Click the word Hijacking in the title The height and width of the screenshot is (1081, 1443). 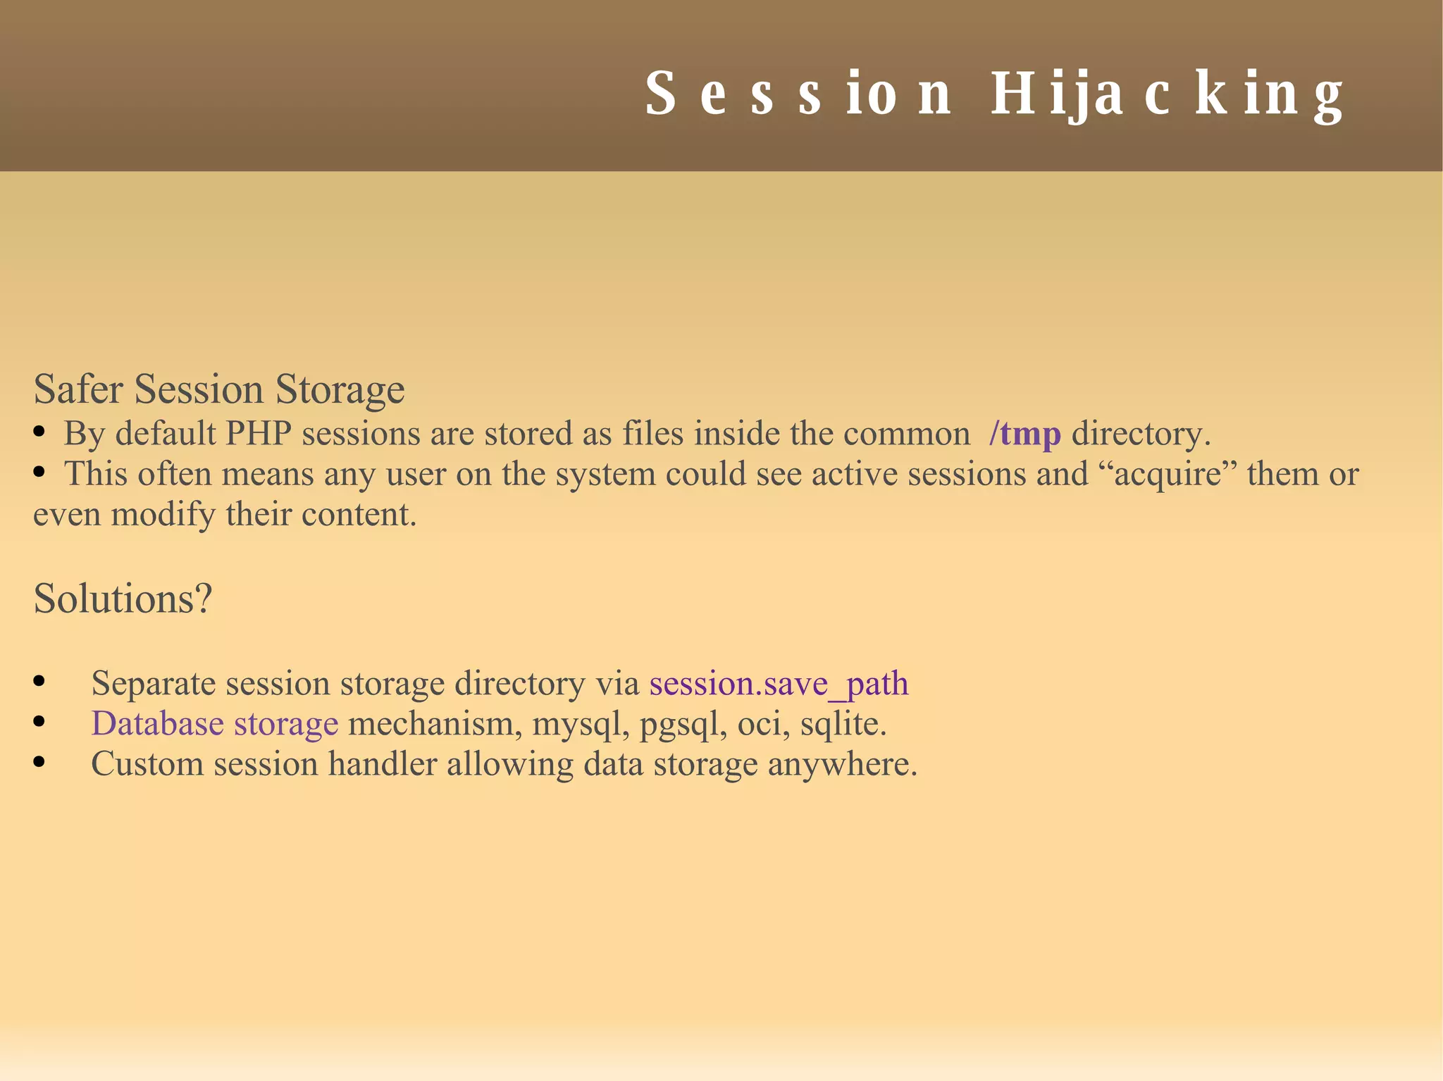point(1168,94)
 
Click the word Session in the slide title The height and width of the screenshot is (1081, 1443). point(798,94)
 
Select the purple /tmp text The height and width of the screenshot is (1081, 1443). point(1024,433)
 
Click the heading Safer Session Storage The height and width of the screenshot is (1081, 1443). point(219,389)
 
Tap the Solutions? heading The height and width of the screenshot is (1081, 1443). point(123,599)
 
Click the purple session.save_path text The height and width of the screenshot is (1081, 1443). point(779,683)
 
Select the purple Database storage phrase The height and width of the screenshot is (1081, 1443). point(215,723)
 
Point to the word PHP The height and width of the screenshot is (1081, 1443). point(258,433)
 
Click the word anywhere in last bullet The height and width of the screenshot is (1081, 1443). point(842,765)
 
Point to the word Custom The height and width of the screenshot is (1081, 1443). point(147,764)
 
